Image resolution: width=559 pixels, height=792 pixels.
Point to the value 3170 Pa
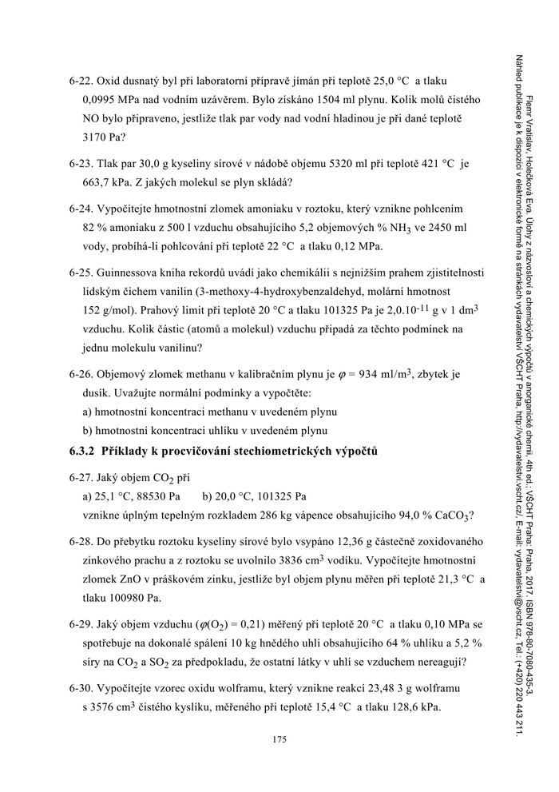(x=102, y=137)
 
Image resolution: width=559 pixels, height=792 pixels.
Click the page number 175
(x=279, y=740)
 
